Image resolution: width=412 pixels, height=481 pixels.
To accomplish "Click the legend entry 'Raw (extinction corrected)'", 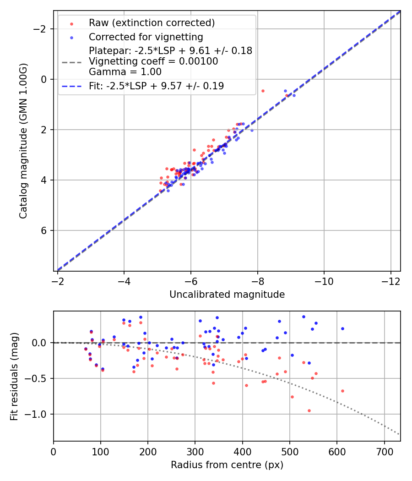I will (x=152, y=23).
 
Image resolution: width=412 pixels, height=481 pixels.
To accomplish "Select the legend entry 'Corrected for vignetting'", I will (x=146, y=37).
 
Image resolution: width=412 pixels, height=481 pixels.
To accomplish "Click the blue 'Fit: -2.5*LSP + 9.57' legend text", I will (x=157, y=86).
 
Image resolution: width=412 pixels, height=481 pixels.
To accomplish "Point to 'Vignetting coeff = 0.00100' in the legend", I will (x=153, y=61).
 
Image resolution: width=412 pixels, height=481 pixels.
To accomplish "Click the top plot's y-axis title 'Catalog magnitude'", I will (x=23, y=141).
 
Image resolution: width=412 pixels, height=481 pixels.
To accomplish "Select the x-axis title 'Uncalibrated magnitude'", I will (x=227, y=295).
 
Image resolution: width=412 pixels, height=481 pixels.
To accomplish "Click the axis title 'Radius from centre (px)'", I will (x=227, y=465).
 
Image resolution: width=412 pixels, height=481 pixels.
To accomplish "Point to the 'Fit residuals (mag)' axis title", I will (x=14, y=376).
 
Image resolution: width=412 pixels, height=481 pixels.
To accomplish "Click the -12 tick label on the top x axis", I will (x=390, y=280).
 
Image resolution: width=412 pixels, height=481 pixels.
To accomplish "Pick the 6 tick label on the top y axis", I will (x=44, y=230).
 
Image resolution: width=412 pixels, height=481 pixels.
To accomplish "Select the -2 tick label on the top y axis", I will (x=42, y=29).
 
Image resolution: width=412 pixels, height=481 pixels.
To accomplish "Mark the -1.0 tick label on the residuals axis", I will (x=38, y=414).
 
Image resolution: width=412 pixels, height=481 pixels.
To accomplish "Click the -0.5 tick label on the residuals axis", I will (x=38, y=378).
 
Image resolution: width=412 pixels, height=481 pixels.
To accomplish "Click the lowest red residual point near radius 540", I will (x=309, y=410).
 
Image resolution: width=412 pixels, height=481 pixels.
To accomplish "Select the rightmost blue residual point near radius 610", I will (x=342, y=328).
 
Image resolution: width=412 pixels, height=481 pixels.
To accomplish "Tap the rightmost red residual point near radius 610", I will (x=342, y=391).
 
